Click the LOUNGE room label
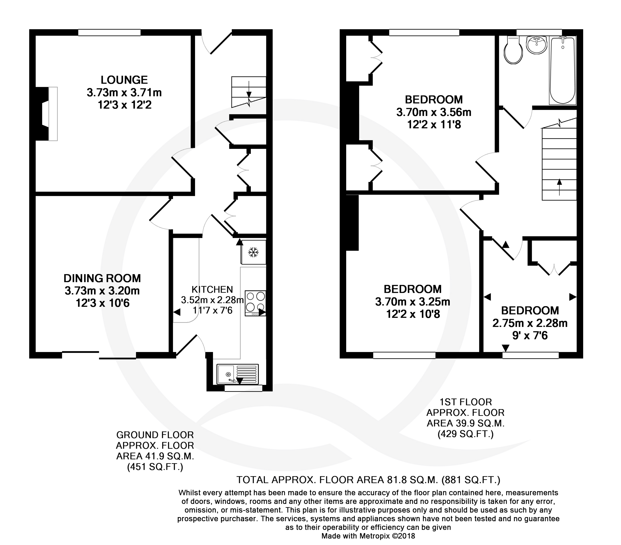[x=124, y=80]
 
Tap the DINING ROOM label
[x=102, y=278]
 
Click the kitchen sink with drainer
[x=237, y=374]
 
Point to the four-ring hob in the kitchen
[x=255, y=303]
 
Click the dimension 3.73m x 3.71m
[x=124, y=92]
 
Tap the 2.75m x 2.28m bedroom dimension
[x=530, y=323]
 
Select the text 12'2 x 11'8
[x=434, y=125]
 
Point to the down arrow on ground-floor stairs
[x=249, y=88]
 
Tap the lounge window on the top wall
[x=109, y=33]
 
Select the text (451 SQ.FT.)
[x=155, y=467]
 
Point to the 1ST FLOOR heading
[x=466, y=402]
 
